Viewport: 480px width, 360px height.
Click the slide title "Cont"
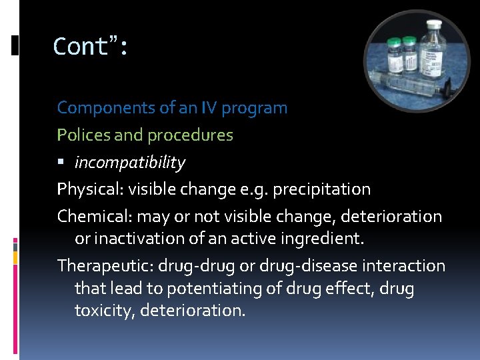coord(84,47)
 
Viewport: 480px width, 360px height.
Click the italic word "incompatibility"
coord(129,163)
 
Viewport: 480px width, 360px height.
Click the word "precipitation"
coord(320,189)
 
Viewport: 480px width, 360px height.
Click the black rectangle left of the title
coord(15,45)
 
